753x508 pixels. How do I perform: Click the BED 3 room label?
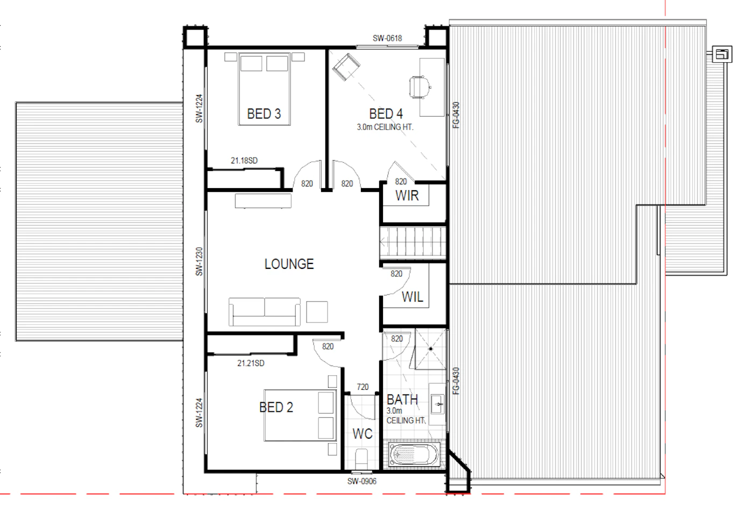click(264, 114)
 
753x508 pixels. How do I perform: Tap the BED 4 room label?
click(386, 114)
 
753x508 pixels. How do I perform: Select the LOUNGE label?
click(289, 264)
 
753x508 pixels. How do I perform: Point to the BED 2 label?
click(276, 407)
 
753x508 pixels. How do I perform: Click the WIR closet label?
click(407, 196)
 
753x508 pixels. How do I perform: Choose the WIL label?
click(413, 297)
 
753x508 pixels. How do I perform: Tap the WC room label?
click(363, 434)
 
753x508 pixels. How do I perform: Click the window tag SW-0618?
click(387, 38)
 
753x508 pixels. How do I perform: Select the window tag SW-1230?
click(200, 262)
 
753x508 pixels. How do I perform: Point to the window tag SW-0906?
click(361, 482)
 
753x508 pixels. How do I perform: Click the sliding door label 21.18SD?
click(244, 161)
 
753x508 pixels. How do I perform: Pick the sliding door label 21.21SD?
click(251, 363)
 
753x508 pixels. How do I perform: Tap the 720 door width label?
click(363, 387)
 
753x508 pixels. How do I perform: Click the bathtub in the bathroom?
click(414, 455)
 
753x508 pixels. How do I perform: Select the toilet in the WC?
click(361, 459)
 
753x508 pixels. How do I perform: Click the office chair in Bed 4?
click(419, 87)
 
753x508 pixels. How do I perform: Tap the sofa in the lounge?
click(265, 312)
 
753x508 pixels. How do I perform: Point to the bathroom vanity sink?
click(438, 404)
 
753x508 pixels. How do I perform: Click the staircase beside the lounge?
click(413, 242)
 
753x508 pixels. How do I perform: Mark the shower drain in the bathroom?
click(431, 349)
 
